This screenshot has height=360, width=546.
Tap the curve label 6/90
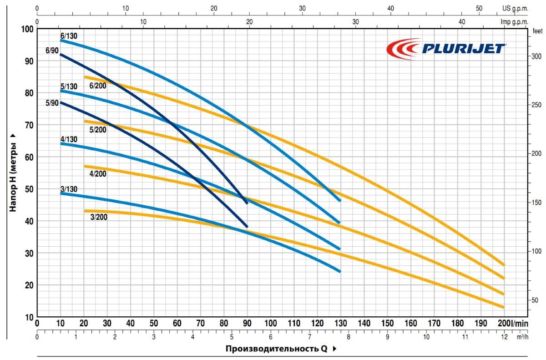(x=52, y=51)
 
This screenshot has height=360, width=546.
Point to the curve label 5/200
(x=98, y=130)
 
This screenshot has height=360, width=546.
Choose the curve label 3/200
(x=99, y=217)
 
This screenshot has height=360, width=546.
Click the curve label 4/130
(x=69, y=139)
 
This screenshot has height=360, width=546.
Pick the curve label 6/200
(x=97, y=86)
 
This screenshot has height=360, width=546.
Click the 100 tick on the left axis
(x=28, y=29)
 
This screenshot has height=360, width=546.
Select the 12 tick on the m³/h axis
(x=504, y=338)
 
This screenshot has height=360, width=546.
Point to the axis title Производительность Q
(x=276, y=349)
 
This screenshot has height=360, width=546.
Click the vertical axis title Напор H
(x=14, y=173)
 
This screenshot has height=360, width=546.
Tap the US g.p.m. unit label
(x=516, y=8)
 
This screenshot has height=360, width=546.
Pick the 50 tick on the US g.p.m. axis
(x=479, y=8)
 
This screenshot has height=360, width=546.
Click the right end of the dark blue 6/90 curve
(x=247, y=203)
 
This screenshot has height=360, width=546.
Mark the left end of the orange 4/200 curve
(x=85, y=166)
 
